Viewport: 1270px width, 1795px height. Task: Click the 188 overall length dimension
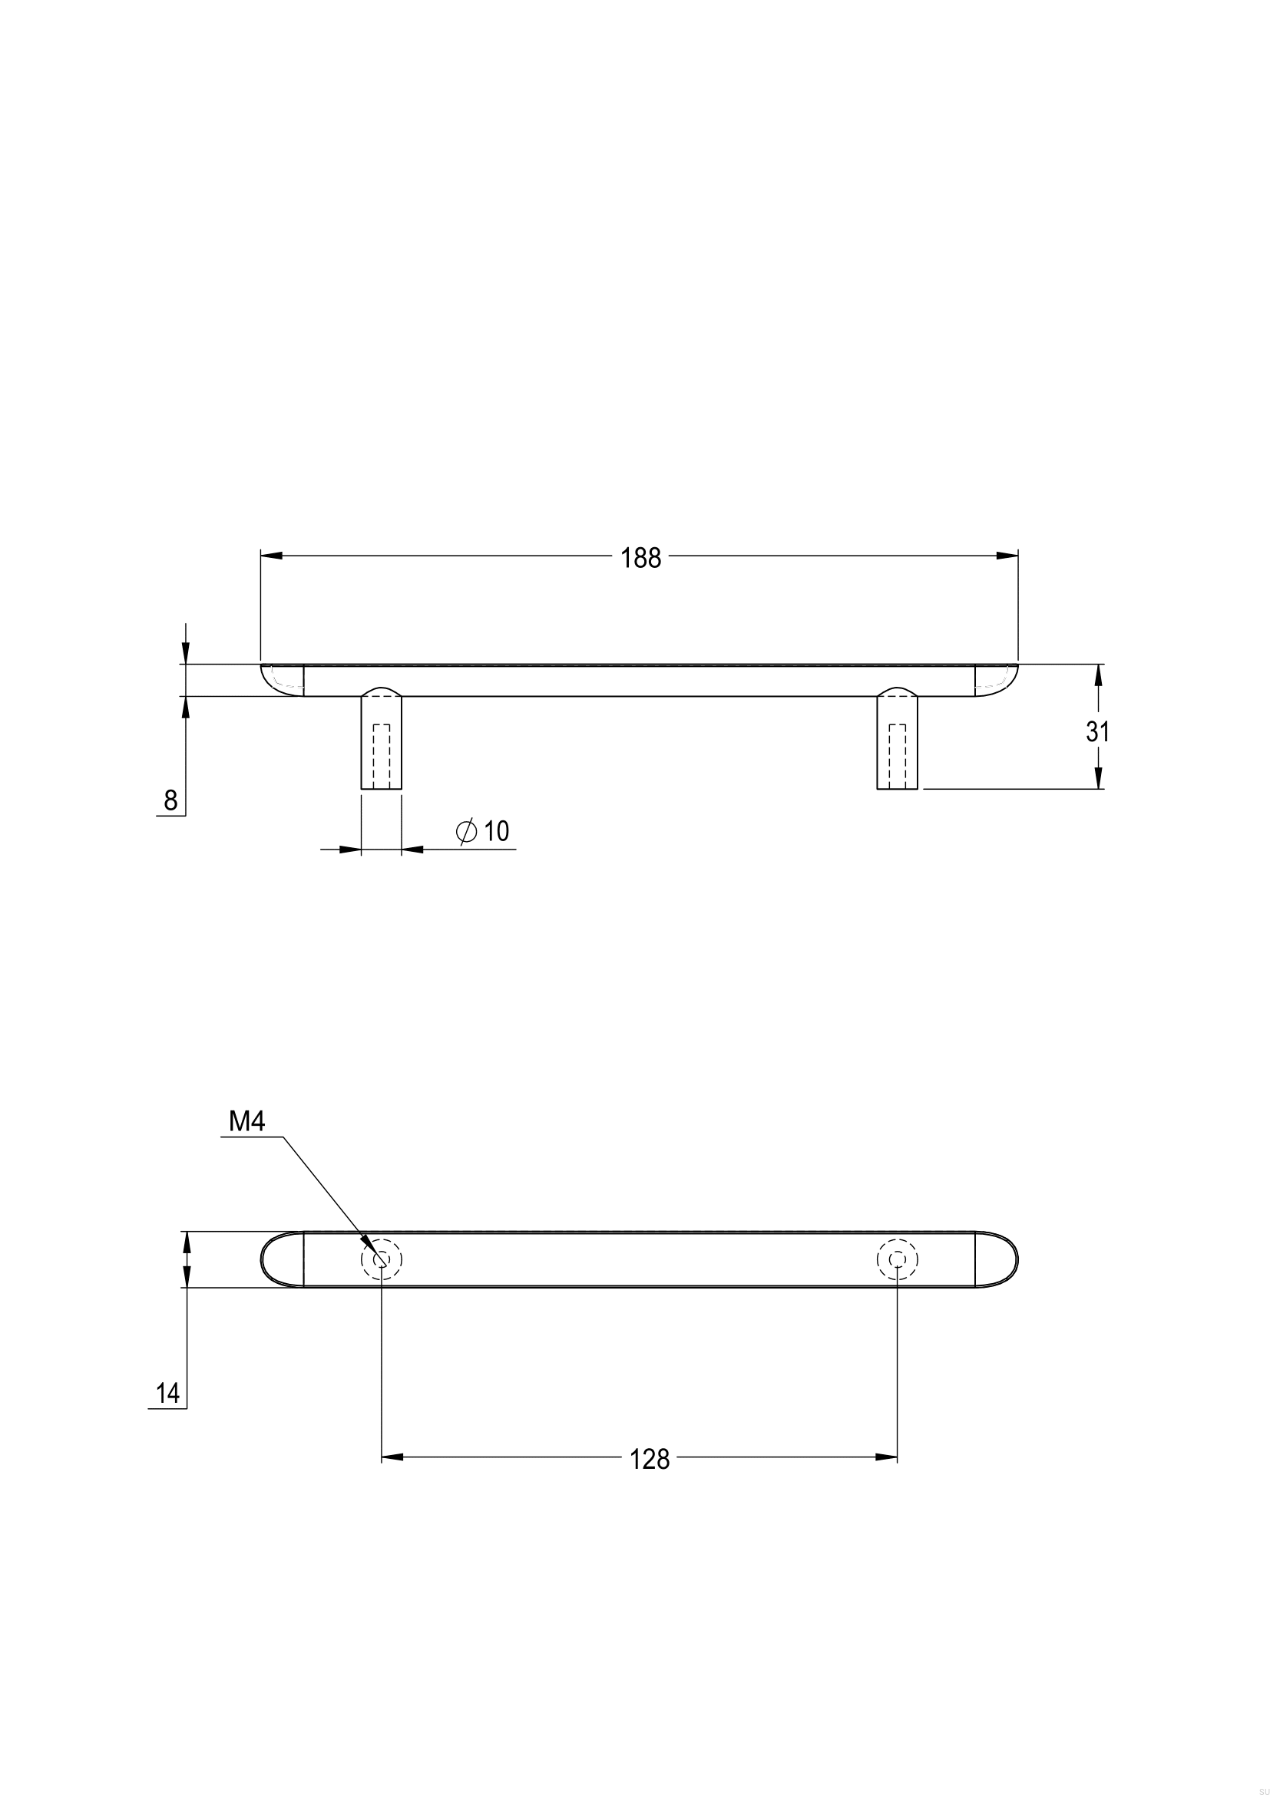click(640, 558)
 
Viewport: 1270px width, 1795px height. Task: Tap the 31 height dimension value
click(1098, 732)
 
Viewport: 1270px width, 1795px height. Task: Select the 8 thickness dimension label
click(170, 800)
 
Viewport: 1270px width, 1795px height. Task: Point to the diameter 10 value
click(497, 831)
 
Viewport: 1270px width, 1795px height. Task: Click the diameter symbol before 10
click(466, 832)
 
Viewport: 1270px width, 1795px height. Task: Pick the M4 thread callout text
click(247, 1122)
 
